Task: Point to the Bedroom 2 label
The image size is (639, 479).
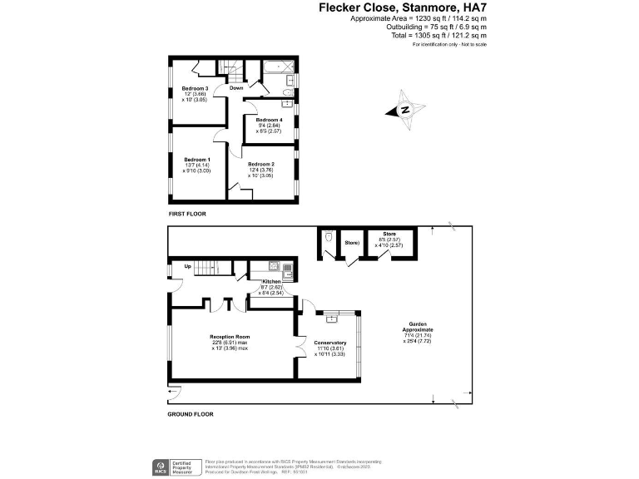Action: coord(261,164)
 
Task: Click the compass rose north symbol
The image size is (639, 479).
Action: coord(404,111)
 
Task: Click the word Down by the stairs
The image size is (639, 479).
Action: coord(236,87)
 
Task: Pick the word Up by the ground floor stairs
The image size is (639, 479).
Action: coord(187,267)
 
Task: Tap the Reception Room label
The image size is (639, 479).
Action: coord(228,337)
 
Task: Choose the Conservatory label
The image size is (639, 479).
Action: coord(330,343)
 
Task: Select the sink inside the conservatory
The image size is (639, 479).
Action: coord(333,317)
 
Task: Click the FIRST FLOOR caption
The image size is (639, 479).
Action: coord(187,215)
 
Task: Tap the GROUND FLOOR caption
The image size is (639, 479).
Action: coord(191,414)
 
